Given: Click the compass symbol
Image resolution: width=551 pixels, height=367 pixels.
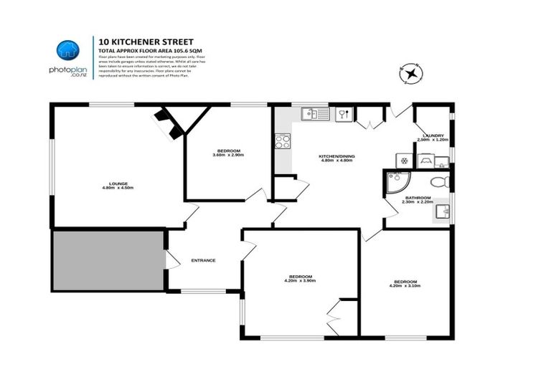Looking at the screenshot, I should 411,72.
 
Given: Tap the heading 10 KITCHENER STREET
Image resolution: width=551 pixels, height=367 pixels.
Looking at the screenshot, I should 141,42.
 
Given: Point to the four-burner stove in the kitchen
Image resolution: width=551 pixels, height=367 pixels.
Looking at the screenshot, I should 281,141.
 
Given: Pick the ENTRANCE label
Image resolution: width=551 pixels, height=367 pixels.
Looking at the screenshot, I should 203,260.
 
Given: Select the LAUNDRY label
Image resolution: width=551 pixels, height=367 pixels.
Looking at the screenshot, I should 433,135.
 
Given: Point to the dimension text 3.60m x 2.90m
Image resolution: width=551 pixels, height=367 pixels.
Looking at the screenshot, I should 228,155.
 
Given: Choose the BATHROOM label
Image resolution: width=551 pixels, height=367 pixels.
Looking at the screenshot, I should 418,198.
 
